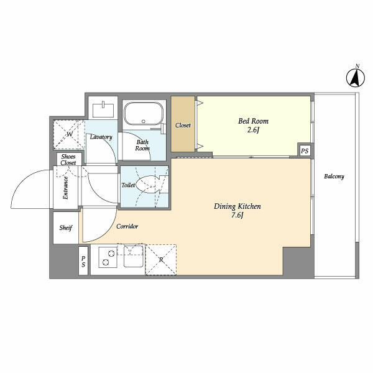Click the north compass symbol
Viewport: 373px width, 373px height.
tap(356, 78)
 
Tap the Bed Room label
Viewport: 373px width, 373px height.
tap(253, 121)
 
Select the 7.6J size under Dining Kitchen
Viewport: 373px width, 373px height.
tap(237, 215)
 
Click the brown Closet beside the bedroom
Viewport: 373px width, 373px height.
tap(183, 124)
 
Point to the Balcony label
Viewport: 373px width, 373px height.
tap(334, 177)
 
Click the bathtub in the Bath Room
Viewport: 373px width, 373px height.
tap(144, 114)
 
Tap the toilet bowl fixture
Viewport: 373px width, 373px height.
tap(147, 185)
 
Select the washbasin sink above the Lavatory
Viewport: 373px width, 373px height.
tap(103, 110)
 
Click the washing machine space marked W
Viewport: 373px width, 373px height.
tap(69, 134)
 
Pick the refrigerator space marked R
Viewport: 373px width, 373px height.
tap(161, 259)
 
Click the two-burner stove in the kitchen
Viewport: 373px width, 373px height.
tap(108, 257)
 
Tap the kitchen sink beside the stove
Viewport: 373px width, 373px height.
tap(134, 256)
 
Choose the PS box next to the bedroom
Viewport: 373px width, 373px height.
tap(305, 150)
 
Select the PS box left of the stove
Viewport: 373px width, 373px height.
tap(83, 261)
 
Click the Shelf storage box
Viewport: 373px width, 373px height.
tap(66, 228)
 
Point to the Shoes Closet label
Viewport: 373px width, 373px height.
tap(68, 159)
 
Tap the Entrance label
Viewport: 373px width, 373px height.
tap(65, 188)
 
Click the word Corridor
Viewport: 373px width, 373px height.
tap(127, 226)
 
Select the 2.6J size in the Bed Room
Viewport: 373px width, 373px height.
tap(253, 130)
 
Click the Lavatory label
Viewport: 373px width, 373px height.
tap(101, 137)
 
